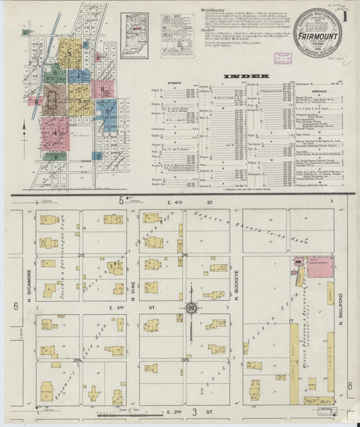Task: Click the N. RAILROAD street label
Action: click(x=342, y=309)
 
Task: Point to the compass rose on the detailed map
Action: click(x=191, y=309)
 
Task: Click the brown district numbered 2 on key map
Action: click(x=55, y=94)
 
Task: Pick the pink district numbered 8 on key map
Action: click(x=103, y=88)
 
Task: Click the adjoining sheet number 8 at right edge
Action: click(x=350, y=386)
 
